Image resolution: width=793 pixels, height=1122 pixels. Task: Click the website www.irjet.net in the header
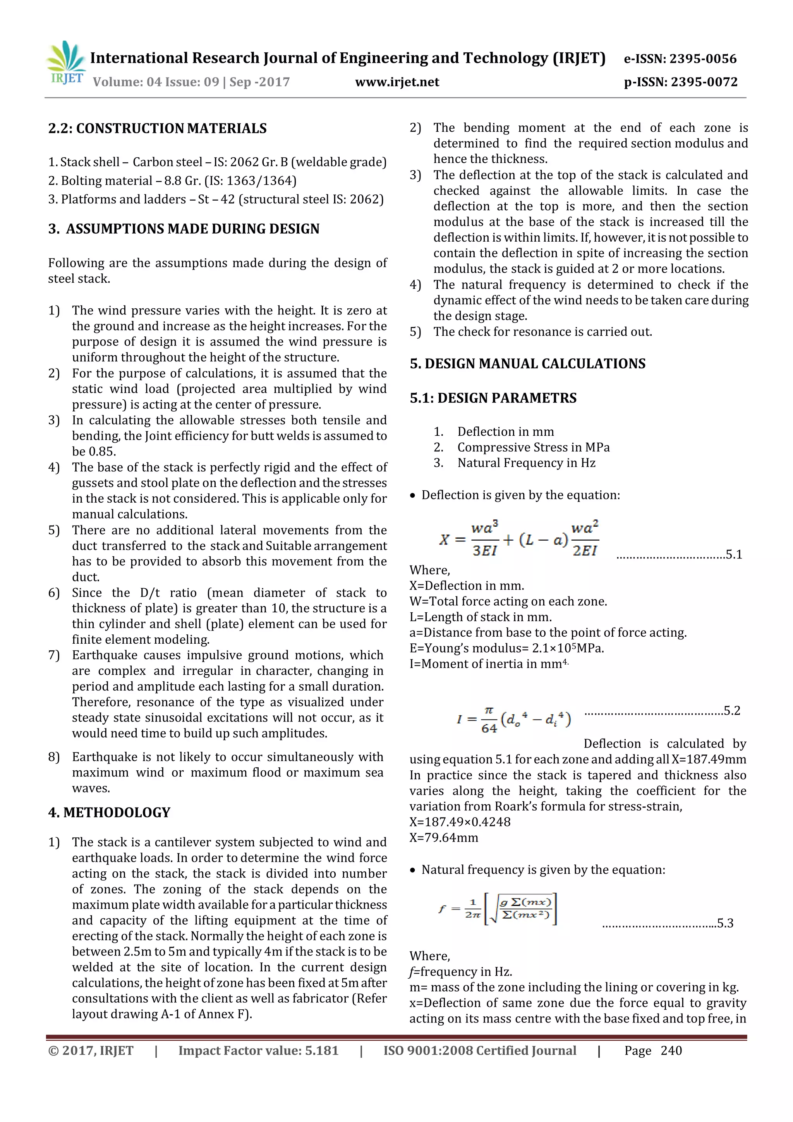point(397,82)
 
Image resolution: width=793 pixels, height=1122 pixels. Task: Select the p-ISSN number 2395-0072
point(704,82)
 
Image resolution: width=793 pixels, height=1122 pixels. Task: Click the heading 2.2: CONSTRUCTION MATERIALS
point(157,129)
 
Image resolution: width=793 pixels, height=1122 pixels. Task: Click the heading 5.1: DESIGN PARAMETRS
point(493,398)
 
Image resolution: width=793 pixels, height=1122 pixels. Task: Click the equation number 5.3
point(725,923)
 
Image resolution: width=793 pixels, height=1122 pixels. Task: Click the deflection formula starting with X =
point(519,540)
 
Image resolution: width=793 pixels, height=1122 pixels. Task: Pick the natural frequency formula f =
point(498,909)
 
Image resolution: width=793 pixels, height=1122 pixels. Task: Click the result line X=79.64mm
point(444,838)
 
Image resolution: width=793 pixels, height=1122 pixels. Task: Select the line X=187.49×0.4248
point(460,822)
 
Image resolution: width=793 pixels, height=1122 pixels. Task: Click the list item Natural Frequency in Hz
point(526,463)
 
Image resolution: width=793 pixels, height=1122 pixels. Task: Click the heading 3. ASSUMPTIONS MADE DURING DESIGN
point(184,229)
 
